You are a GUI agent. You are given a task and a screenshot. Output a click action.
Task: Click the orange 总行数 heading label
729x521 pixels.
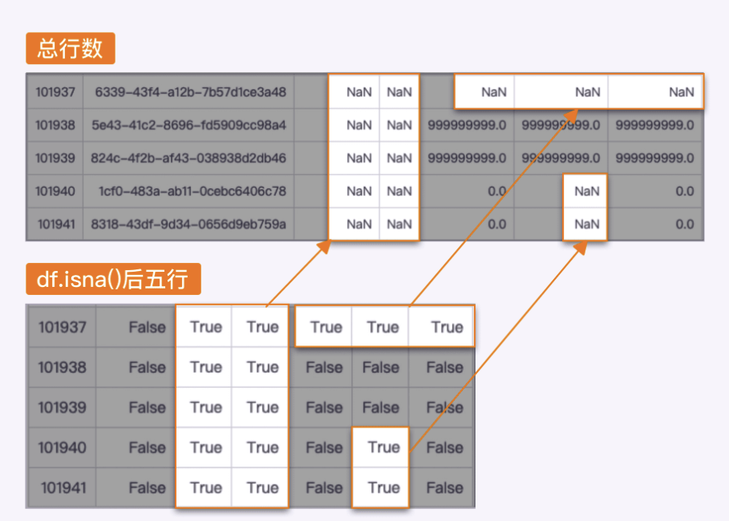tap(71, 48)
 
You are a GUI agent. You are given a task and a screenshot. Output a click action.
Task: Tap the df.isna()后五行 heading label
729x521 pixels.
tap(112, 279)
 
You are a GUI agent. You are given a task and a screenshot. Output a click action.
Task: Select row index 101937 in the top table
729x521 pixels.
tap(55, 92)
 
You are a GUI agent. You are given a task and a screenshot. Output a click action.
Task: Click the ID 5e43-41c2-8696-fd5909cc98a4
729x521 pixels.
tap(189, 125)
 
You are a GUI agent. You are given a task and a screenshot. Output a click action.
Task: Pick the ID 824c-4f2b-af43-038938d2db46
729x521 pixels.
tap(189, 158)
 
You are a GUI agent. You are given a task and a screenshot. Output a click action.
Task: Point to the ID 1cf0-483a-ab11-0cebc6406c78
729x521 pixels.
tap(192, 191)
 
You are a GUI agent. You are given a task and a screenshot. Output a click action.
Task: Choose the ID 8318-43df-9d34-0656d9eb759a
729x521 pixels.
tap(189, 224)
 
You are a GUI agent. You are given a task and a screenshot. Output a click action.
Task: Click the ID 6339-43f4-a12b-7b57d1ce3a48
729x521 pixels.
tap(190, 92)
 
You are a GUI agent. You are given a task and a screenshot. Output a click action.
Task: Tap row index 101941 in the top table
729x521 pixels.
tap(55, 224)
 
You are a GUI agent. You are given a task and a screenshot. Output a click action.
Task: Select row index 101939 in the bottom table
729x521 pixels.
tap(62, 407)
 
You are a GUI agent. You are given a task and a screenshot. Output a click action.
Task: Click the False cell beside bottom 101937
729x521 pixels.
tap(147, 327)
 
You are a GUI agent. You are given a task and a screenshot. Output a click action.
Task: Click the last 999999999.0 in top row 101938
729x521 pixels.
tap(654, 125)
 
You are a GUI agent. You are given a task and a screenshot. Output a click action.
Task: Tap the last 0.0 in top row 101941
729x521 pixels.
tap(684, 224)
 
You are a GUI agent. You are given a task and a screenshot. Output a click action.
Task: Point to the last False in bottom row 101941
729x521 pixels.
tap(444, 487)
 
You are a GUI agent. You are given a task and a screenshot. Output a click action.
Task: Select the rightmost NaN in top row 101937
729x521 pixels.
tap(681, 92)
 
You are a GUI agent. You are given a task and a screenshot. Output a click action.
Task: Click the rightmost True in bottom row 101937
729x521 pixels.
tap(447, 327)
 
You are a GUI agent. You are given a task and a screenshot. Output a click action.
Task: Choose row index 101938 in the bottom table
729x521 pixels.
tap(62, 367)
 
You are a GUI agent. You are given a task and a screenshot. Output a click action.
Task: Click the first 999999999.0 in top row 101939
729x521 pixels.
tap(467, 158)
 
